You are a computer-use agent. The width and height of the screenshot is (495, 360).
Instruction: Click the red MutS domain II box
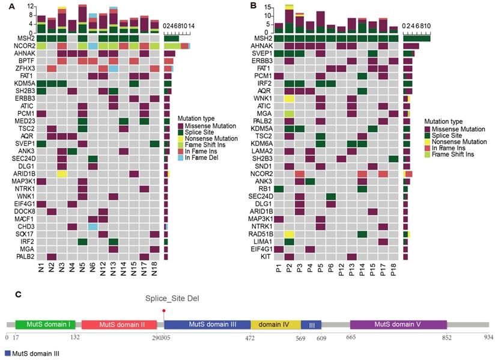pyautogui.click(x=119, y=324)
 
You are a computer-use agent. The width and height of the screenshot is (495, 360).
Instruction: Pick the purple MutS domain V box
pyautogui.click(x=398, y=324)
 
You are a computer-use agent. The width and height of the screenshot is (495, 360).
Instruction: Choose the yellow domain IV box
pyautogui.click(x=275, y=324)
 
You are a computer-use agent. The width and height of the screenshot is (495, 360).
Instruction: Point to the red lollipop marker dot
pyautogui.click(x=163, y=310)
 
